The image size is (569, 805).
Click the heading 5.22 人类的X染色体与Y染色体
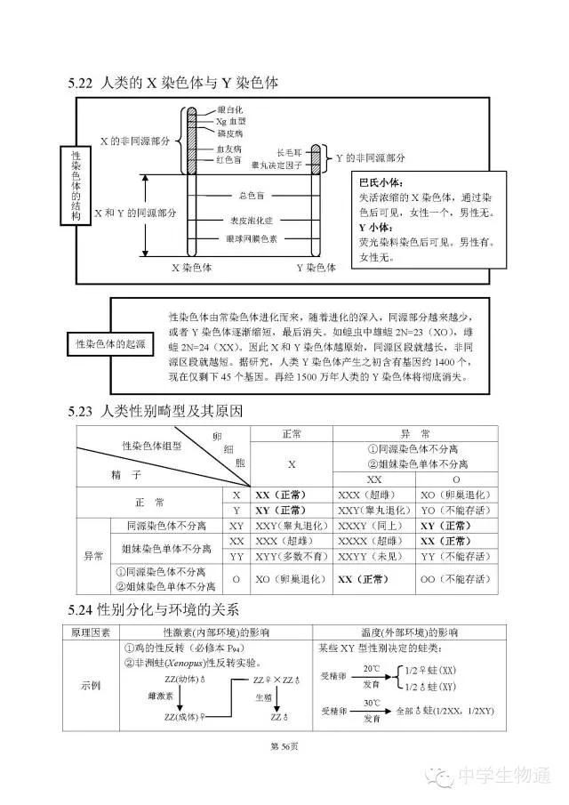[173, 83]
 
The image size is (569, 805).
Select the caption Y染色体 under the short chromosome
[316, 267]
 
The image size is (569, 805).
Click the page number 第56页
[284, 745]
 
